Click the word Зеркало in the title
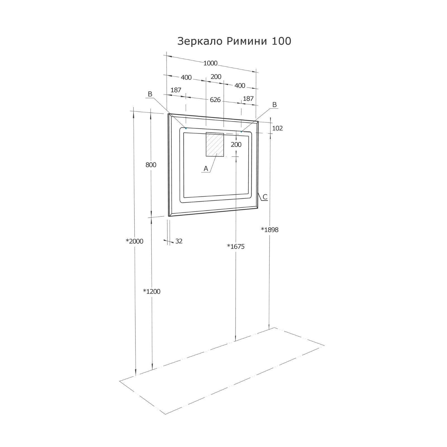(x=200, y=41)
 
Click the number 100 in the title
(x=281, y=41)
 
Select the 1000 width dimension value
(x=210, y=63)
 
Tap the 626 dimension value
(x=215, y=100)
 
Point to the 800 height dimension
(x=151, y=165)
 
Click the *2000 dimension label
(x=134, y=241)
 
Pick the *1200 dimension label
(x=152, y=291)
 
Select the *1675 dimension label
(x=236, y=246)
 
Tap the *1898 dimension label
(x=270, y=230)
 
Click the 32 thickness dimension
(x=179, y=241)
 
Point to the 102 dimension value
(x=277, y=128)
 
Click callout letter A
(x=206, y=168)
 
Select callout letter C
(x=265, y=197)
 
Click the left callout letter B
(x=150, y=94)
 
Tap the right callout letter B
(x=274, y=104)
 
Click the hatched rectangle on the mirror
(x=215, y=144)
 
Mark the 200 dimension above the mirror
(x=216, y=77)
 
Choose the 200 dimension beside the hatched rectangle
(x=236, y=144)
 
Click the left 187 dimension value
(x=176, y=90)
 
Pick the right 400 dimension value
(x=240, y=85)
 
